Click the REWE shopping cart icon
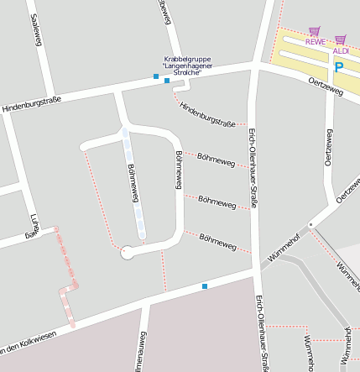pos(315,30)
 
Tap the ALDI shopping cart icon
pos(340,39)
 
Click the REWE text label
pos(315,41)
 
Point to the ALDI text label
pos(340,50)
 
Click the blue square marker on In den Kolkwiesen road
pos(204,286)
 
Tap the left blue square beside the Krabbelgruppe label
pos(156,77)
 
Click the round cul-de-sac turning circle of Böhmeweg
pos(127,250)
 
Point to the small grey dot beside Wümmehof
pos(310,224)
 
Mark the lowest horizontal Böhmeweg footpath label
pos(217,241)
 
